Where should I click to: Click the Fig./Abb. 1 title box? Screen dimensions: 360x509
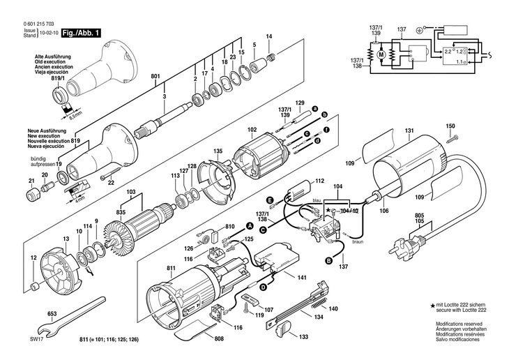pos(82,33)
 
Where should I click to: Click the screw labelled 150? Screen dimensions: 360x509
pos(450,139)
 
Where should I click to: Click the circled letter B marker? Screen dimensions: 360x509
pos(328,261)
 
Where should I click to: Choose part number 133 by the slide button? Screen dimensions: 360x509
pos(304,336)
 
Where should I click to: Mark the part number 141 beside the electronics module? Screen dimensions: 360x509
pos(301,278)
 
